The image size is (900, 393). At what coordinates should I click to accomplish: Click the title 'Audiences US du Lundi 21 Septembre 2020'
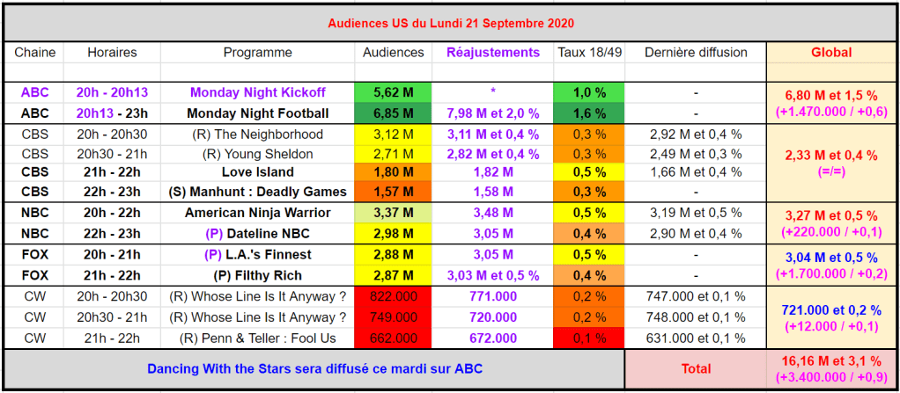click(450, 22)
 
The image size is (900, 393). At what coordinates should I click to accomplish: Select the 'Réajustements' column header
click(493, 53)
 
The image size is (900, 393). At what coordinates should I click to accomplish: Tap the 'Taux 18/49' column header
click(589, 53)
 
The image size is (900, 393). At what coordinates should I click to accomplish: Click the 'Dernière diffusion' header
click(696, 53)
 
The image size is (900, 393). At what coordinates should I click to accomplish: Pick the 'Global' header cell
click(830, 53)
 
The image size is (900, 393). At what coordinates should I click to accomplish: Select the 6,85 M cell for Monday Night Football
click(393, 113)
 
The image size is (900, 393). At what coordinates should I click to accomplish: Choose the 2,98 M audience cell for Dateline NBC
click(393, 233)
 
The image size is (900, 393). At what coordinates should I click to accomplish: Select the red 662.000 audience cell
click(393, 338)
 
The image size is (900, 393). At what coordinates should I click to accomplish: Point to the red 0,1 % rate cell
click(589, 338)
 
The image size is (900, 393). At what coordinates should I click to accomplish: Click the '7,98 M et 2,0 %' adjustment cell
click(493, 113)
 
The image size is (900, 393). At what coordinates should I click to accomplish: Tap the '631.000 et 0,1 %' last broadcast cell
click(696, 338)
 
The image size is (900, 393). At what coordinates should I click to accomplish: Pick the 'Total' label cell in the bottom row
click(696, 369)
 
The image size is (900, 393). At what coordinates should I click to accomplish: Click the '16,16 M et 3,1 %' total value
click(830, 360)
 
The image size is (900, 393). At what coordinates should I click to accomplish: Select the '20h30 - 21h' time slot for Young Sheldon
click(112, 154)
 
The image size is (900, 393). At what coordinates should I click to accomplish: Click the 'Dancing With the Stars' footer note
click(314, 369)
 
